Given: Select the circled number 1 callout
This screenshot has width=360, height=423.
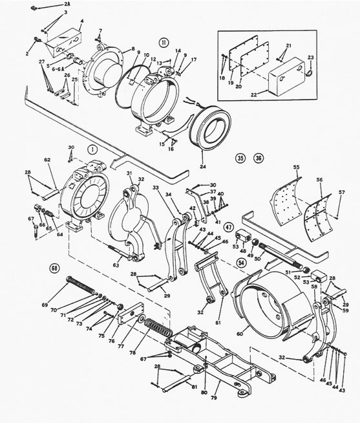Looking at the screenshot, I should (x=93, y=148).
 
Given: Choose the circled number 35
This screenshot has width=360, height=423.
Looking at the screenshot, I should (x=241, y=157).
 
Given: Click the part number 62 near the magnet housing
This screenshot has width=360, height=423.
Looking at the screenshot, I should (x=47, y=159).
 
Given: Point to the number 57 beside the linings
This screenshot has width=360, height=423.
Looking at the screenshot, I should (x=343, y=193).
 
